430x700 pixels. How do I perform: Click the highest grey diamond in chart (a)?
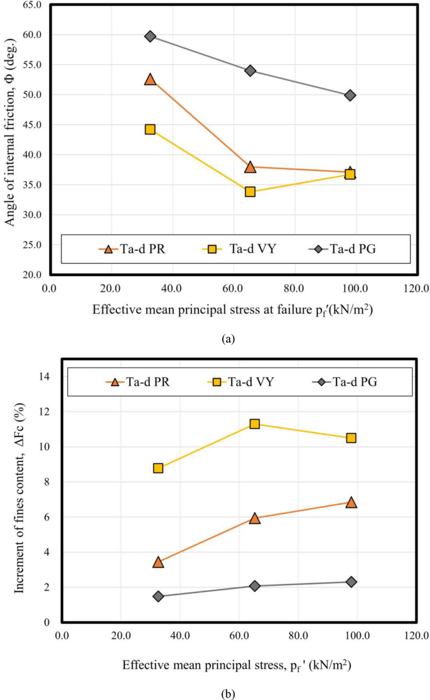coord(150,36)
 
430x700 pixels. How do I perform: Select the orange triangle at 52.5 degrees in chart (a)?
coord(150,79)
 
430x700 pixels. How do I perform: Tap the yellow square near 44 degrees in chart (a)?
coord(150,129)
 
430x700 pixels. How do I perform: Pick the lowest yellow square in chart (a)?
coord(250,191)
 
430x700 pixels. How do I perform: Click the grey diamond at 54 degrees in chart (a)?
coord(250,70)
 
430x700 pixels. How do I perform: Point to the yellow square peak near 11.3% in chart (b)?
coord(255,424)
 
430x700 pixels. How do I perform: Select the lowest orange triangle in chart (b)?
coord(158,562)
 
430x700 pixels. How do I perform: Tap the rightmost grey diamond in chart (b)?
coord(351,582)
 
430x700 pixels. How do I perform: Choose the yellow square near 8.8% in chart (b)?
coord(158,468)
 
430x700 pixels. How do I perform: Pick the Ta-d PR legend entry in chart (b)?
coord(139,382)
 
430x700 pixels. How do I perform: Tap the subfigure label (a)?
coord(228,338)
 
